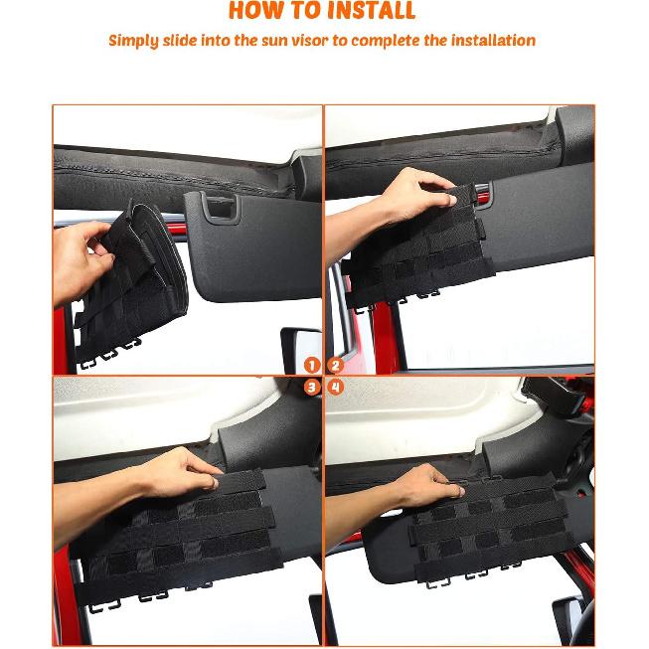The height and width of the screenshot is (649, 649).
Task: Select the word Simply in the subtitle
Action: coord(133,41)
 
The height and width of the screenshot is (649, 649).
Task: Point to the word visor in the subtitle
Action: coord(318,41)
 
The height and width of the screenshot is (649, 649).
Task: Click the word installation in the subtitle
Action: coord(493,41)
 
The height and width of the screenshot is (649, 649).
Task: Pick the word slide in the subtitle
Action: coord(185,41)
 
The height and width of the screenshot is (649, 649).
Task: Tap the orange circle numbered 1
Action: coord(312,366)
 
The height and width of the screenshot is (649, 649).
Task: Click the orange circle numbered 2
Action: coord(335,366)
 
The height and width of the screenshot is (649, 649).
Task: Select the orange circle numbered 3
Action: coord(312,387)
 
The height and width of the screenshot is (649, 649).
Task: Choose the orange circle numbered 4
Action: coord(335,387)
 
